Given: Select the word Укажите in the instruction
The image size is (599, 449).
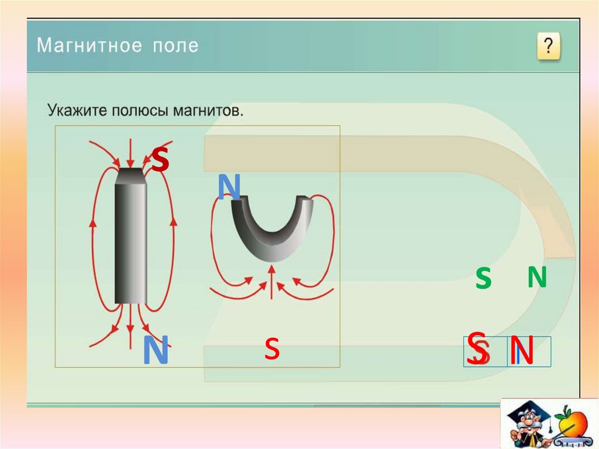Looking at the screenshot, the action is click(74, 110).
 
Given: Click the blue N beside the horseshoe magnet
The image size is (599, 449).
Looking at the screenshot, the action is click(229, 187).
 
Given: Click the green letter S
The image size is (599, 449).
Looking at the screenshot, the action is click(483, 279).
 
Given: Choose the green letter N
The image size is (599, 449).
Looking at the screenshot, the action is click(536, 277).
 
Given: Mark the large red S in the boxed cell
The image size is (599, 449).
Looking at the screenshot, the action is click(478, 348).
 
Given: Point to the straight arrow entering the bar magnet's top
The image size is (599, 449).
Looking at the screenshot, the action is click(130, 153).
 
